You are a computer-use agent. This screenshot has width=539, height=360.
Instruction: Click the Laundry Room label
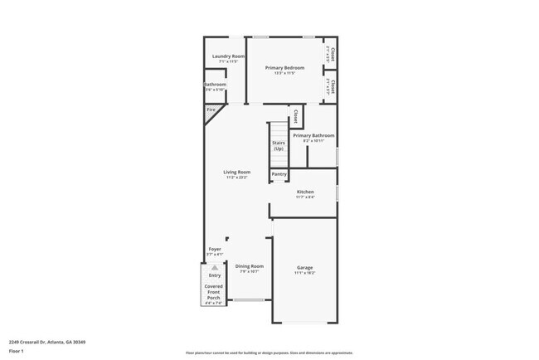coord(228,56)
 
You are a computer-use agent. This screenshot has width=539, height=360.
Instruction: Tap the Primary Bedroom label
coord(284,67)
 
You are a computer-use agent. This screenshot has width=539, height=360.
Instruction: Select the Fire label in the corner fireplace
coord(211,109)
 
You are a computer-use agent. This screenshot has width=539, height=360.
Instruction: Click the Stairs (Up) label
coord(279,145)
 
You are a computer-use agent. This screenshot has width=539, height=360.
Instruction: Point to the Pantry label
coord(279,174)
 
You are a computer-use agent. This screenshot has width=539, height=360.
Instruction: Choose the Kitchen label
coord(305,192)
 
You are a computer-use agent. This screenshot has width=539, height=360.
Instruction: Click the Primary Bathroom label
coord(313,135)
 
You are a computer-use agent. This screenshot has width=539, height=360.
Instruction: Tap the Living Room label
coord(236,172)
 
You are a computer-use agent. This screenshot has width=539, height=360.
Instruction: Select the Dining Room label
coord(250,265)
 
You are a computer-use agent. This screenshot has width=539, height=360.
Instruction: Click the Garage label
coord(305,267)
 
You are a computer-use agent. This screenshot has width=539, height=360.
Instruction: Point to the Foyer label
coord(214,248)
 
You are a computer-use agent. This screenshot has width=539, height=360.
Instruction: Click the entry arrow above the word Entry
coord(215,268)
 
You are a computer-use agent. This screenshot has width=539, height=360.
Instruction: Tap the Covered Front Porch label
coord(214,290)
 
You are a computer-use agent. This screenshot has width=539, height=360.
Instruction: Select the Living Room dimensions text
coord(236,177)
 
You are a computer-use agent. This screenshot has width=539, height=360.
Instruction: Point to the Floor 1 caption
coord(17,352)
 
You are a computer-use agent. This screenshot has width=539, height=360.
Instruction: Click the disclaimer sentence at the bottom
coord(269,353)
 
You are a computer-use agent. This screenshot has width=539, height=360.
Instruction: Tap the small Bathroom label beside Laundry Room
coord(215,85)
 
